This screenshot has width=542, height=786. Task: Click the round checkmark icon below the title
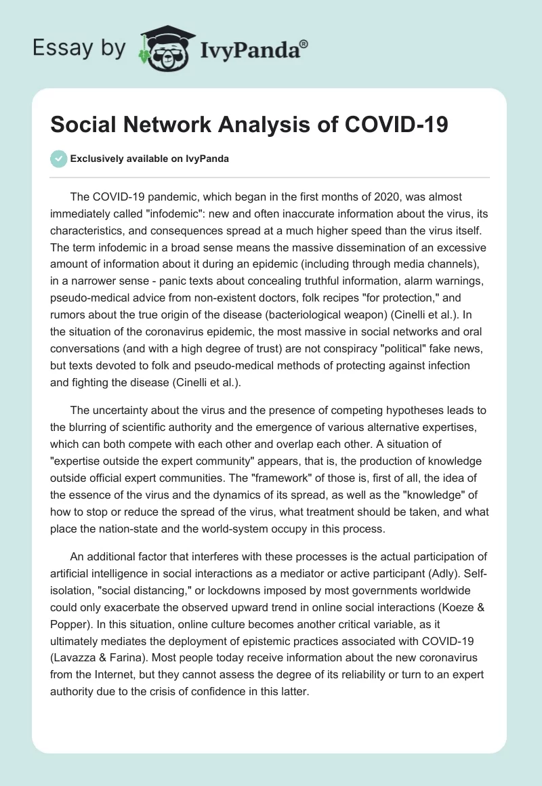click(x=59, y=159)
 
